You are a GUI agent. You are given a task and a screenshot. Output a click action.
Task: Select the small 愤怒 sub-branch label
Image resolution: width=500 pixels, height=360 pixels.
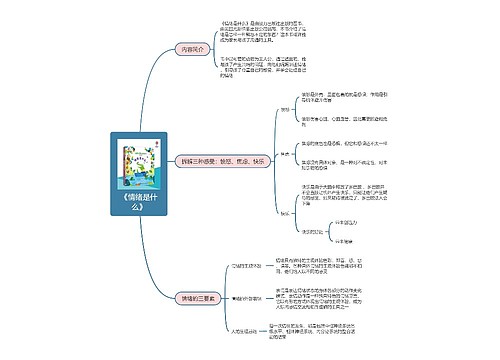[x=284, y=107]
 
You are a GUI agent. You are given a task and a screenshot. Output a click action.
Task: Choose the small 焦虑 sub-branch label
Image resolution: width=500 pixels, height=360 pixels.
[x=284, y=154]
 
